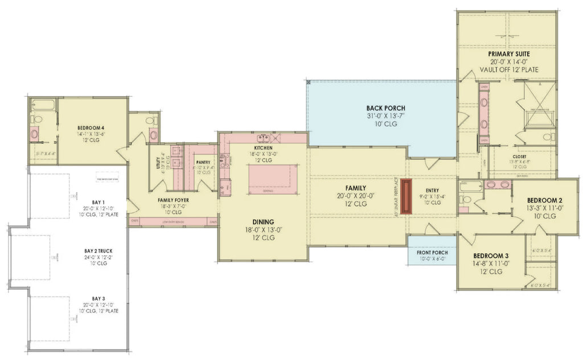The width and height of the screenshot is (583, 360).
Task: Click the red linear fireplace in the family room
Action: (405, 197)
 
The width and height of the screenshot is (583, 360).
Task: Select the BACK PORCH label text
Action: (382, 108)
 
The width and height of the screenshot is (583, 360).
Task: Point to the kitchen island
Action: (273, 176)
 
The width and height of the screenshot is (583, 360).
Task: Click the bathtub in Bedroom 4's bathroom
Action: (43, 105)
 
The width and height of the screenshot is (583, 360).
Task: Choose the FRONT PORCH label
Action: (432, 252)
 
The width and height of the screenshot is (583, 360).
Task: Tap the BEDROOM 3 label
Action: (487, 256)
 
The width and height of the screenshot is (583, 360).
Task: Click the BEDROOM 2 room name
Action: (544, 201)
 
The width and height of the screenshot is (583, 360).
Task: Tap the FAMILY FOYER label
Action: (173, 201)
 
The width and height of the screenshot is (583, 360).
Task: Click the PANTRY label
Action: (203, 162)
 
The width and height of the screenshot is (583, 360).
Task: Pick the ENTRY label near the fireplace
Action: (432, 190)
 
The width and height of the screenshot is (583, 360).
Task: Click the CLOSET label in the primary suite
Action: (519, 156)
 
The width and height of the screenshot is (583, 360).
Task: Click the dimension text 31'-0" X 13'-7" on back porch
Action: (382, 116)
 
